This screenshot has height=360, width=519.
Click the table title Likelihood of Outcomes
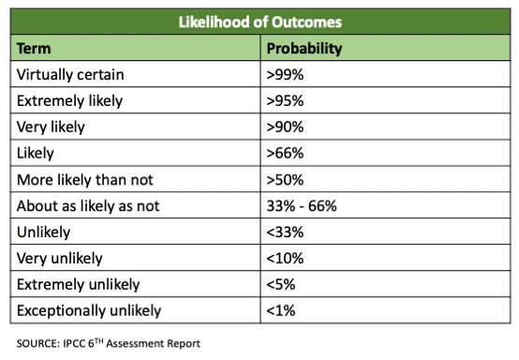tap(259, 21)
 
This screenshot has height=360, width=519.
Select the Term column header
tap(35, 47)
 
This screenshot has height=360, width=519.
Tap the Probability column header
tap(304, 47)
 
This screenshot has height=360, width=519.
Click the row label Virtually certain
tap(69, 73)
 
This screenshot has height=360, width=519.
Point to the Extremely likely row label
tap(70, 99)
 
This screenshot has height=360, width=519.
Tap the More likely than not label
tap(84, 178)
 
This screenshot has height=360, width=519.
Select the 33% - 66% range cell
tap(304, 204)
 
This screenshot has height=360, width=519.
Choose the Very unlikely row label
tap(62, 257)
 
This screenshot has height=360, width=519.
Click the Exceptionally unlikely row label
tap(89, 309)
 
